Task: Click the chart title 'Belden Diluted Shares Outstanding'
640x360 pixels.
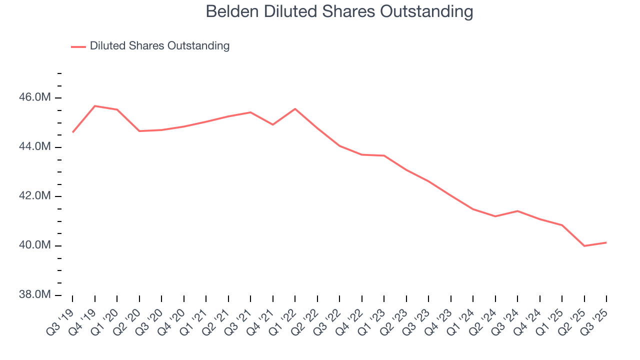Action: click(x=339, y=12)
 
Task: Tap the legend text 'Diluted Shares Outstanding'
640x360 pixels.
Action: click(x=159, y=46)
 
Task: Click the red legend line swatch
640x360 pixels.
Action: click(x=78, y=46)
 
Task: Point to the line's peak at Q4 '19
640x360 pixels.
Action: click(x=94, y=106)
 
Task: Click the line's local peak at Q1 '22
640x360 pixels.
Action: click(x=295, y=109)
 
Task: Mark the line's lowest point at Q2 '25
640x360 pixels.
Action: click(x=584, y=246)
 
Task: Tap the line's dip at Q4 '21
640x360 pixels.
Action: click(x=272, y=124)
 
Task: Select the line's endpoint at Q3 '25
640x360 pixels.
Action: click(x=606, y=242)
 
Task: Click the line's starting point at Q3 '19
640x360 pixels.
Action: click(x=72, y=132)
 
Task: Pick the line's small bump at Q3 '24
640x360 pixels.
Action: click(x=517, y=211)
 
